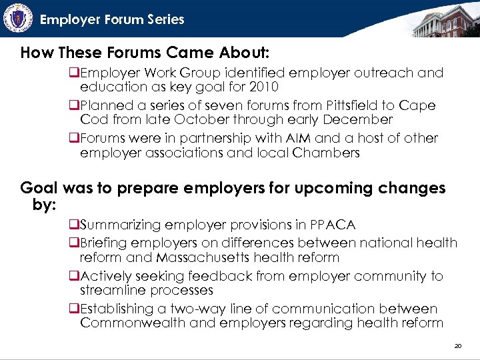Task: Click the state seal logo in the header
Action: tap(18, 18)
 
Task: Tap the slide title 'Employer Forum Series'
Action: tap(112, 19)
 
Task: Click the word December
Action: tap(360, 120)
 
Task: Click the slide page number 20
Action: tap(457, 346)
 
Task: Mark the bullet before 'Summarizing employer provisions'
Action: tap(74, 225)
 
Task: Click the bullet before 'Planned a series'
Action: tap(74, 106)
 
